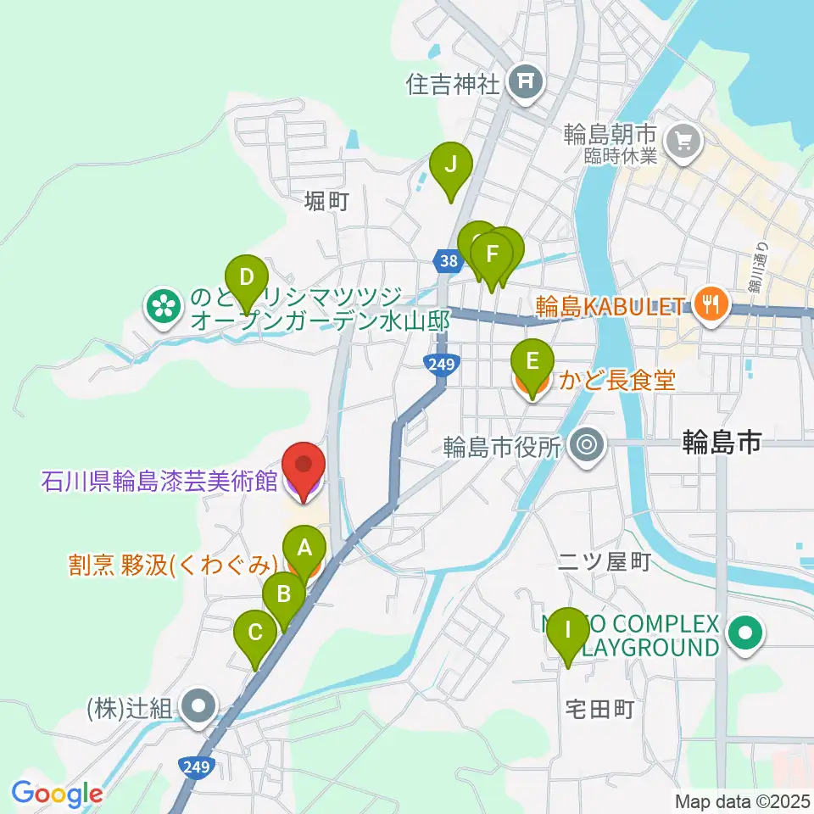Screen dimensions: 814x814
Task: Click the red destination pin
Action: pos(303,469)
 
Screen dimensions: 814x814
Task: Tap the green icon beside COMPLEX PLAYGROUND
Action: pos(745,633)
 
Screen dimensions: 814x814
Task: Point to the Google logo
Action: pos(57,794)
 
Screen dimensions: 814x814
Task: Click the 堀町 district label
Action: pos(326,200)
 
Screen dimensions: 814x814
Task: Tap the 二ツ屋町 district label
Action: pos(604,561)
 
